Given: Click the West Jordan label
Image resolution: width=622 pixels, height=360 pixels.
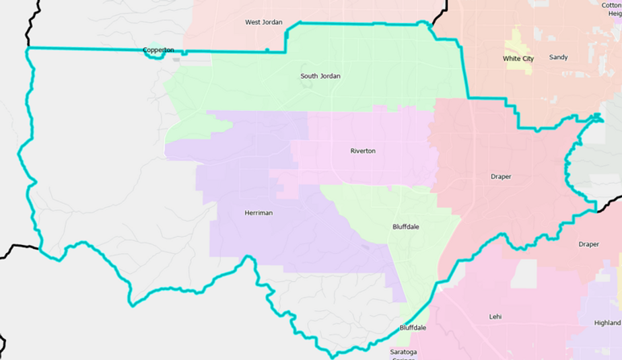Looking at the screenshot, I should (x=263, y=22).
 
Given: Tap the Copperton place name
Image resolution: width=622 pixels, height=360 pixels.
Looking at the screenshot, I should (x=158, y=50).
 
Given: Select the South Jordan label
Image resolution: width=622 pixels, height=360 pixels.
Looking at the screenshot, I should (x=320, y=76).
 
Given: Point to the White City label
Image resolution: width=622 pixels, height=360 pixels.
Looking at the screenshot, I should (x=518, y=59).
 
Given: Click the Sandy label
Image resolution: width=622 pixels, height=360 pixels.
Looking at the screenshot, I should (x=558, y=57).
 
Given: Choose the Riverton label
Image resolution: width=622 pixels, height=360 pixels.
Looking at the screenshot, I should (x=363, y=151).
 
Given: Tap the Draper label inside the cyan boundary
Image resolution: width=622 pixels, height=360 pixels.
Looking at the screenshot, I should (x=500, y=176).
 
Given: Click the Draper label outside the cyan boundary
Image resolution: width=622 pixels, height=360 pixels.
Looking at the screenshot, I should (x=588, y=244).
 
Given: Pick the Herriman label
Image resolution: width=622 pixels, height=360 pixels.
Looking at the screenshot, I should (x=258, y=213).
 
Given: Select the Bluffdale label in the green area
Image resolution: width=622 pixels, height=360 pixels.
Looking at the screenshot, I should (x=405, y=227).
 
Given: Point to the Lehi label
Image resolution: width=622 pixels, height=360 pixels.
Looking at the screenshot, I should (x=495, y=316).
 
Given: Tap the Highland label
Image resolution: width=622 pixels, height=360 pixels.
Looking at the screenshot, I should (x=607, y=323).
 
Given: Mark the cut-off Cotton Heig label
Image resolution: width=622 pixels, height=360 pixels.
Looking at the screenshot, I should (x=611, y=9).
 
